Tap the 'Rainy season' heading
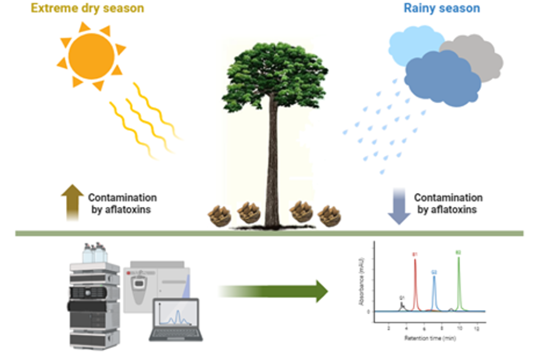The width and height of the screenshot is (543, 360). (x=441, y=8)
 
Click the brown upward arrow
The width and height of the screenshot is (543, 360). (x=72, y=201)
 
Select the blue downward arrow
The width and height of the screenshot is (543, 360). (x=399, y=205)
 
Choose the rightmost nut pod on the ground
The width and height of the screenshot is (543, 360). (x=329, y=216)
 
